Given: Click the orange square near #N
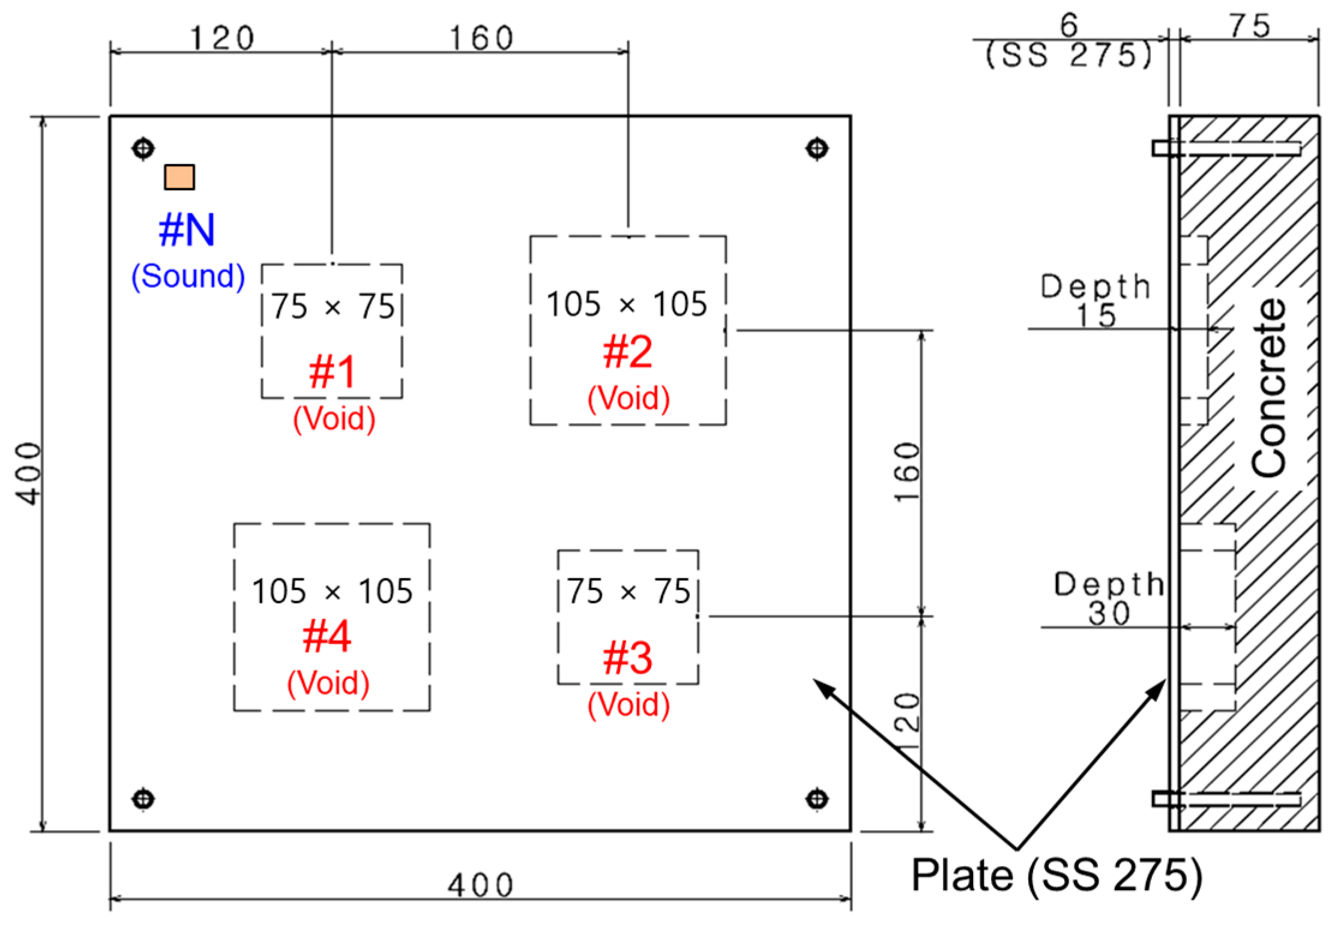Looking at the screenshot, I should [x=179, y=177].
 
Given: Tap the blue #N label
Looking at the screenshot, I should [x=187, y=230].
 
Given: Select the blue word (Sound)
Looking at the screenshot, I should [x=188, y=276].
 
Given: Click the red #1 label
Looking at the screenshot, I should [x=333, y=372].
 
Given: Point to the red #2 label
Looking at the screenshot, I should [x=627, y=352].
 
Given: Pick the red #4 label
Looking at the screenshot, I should [x=327, y=637].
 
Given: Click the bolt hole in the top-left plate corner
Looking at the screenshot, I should [x=143, y=148].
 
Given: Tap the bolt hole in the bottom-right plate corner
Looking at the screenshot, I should [x=817, y=799].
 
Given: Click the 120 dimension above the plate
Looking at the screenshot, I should [x=222, y=39].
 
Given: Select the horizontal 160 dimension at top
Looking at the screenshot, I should [x=481, y=39].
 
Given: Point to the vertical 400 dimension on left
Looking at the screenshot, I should [x=29, y=474].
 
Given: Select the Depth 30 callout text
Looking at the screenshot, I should [x=1109, y=599].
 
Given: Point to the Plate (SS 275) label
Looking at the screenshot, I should [x=1056, y=876].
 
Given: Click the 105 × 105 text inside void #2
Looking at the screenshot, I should [x=627, y=304].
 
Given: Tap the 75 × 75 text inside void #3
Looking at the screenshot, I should [x=628, y=592].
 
